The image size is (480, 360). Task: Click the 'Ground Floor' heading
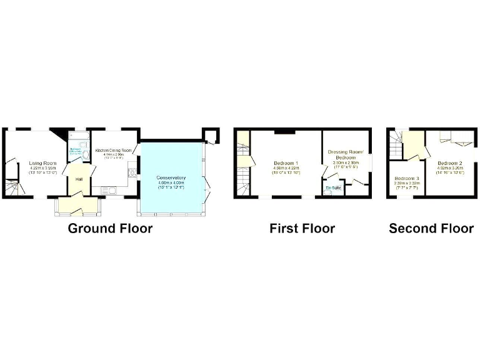click(x=110, y=229)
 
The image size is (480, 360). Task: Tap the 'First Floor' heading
click(x=302, y=229)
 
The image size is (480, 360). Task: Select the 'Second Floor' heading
click(x=431, y=229)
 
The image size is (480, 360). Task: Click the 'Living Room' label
click(x=42, y=164)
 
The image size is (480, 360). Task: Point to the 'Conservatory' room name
click(x=171, y=178)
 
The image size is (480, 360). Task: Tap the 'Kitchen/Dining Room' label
click(x=113, y=151)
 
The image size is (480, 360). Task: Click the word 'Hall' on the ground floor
click(x=79, y=179)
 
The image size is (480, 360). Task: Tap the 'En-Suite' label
click(x=333, y=187)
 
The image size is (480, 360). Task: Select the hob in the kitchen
click(x=132, y=172)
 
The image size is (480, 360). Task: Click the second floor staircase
click(x=394, y=147)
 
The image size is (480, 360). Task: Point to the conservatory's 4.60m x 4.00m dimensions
click(x=171, y=183)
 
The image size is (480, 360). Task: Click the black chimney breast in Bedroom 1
click(x=283, y=131)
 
